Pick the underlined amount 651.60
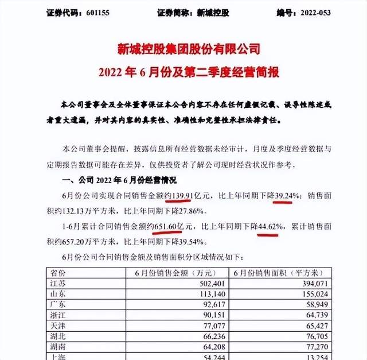click(173, 227)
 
